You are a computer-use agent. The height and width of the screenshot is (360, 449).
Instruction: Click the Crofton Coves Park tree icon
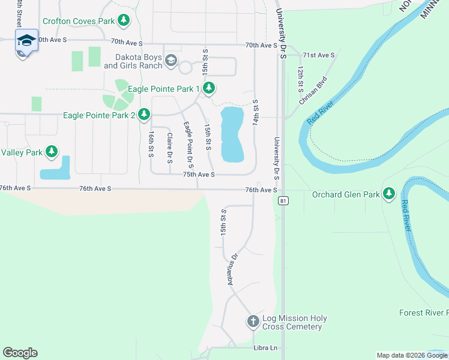(x=124, y=21)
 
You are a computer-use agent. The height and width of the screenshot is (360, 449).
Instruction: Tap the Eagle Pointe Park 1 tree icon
(x=208, y=89)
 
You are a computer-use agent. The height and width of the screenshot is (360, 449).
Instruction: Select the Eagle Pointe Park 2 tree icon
(x=143, y=114)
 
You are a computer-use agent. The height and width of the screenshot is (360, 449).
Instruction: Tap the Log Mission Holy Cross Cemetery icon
(x=253, y=322)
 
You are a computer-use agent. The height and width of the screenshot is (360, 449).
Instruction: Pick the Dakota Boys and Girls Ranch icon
(x=171, y=60)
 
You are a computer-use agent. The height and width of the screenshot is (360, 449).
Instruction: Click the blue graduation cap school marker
(x=26, y=41)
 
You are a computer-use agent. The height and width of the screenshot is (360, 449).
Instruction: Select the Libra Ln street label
(x=265, y=348)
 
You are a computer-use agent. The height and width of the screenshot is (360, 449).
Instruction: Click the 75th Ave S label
(x=199, y=175)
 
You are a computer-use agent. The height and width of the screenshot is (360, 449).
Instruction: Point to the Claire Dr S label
(x=169, y=146)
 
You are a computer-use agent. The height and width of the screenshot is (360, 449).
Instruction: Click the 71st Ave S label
(x=318, y=55)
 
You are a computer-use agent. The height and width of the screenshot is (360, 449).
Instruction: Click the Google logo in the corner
(x=20, y=353)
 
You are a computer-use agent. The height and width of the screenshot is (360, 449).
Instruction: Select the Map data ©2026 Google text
(x=411, y=355)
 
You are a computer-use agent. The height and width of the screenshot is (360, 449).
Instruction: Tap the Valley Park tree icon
(x=52, y=152)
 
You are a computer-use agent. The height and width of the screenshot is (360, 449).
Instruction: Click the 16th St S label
(x=151, y=145)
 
